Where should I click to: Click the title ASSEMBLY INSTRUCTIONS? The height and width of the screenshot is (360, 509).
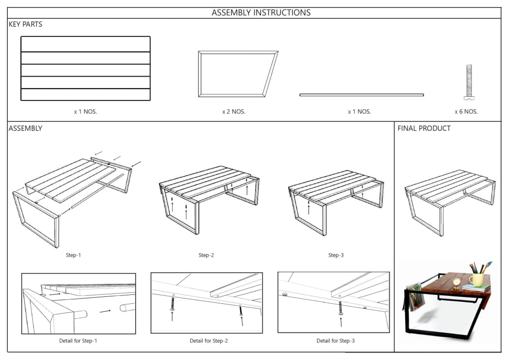coord(261,13)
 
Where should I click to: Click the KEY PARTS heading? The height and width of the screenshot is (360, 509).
coord(25,24)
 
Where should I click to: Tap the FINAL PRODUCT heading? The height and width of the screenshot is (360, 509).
coord(424,128)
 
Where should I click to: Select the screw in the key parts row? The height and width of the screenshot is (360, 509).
coord(468,82)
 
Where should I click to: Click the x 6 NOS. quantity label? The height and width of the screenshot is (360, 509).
coord(466,112)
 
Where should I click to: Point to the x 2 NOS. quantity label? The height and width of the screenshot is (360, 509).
coord(234,112)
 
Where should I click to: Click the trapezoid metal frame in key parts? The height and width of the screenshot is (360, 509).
coord(238,74)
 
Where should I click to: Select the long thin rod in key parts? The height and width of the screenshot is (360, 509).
coord(361,94)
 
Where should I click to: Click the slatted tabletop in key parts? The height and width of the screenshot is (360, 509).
coord(85,69)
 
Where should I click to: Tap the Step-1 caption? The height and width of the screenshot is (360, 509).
coord(73,256)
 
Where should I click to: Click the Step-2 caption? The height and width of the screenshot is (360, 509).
coord(206,256)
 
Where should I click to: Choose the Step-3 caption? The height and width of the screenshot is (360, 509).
coord(336,256)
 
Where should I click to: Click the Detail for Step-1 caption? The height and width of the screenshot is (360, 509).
coord(78,341)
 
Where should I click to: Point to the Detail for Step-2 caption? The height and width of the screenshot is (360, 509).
coord(209,341)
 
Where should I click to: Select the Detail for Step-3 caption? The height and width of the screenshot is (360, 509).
coord(336,341)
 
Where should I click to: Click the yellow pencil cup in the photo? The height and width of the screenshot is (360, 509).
coord(477,279)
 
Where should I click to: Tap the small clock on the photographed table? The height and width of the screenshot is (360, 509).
coord(456,283)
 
